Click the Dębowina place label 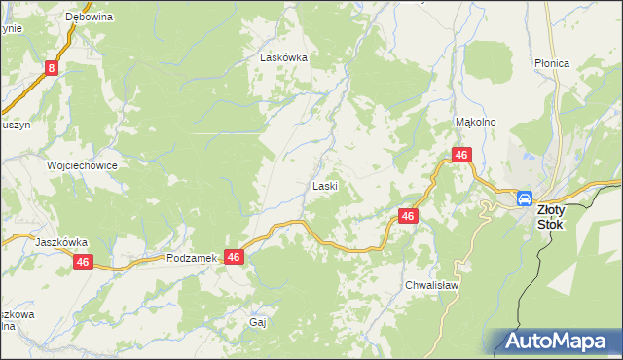click(89, 18)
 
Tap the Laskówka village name click(283, 57)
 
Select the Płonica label click(551, 63)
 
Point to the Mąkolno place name click(476, 122)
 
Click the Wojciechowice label click(83, 165)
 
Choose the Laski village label click(324, 185)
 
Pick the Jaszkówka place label click(61, 242)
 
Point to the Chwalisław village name click(431, 286)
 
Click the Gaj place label click(258, 321)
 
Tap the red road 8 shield click(52, 68)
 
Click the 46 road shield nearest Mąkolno click(461, 156)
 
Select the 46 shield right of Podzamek click(234, 257)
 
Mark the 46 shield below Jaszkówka click(83, 262)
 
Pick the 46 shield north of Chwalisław click(408, 216)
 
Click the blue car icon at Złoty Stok click(525, 198)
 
